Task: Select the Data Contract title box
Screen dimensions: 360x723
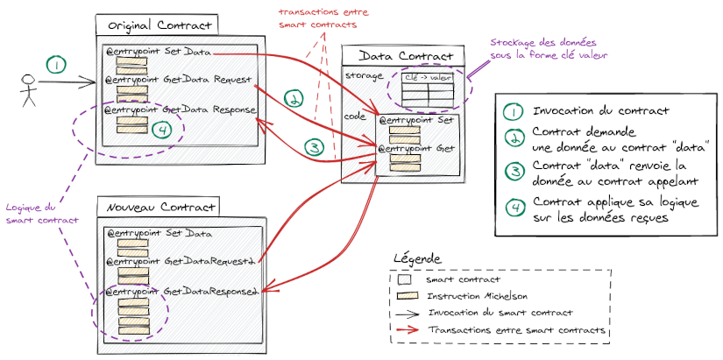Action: [407, 55]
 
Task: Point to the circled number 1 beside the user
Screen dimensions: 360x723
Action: [55, 65]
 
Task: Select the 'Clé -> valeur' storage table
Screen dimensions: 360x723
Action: [426, 88]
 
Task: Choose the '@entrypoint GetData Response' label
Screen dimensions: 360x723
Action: [180, 110]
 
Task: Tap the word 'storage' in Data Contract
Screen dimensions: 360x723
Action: [363, 75]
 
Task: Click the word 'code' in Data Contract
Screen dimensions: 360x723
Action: [356, 115]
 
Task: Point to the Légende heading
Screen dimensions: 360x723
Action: [418, 259]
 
